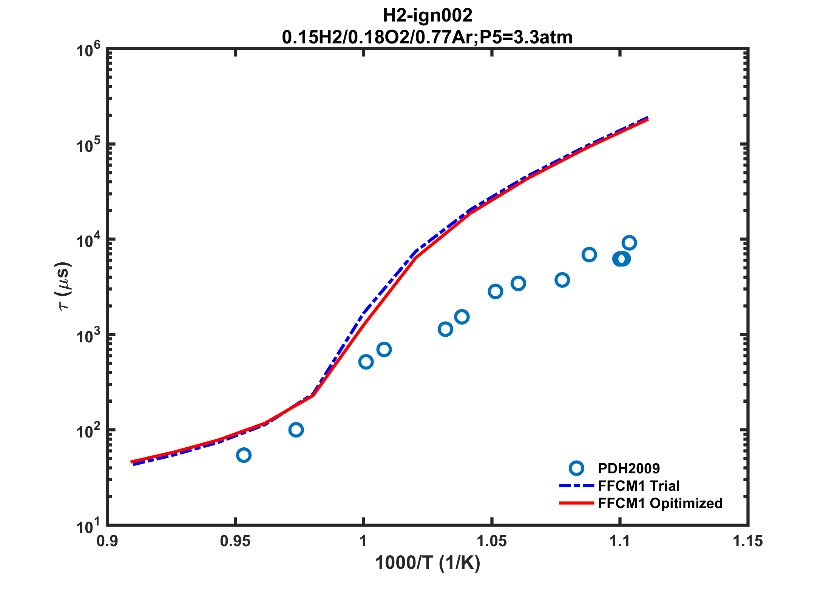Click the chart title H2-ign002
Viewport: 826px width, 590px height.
427,16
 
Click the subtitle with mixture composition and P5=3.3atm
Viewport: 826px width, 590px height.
427,37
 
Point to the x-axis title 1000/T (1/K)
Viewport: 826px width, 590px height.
427,563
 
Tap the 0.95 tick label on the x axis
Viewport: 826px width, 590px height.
235,541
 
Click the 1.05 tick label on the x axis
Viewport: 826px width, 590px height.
491,541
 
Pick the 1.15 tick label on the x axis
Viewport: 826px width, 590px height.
747,541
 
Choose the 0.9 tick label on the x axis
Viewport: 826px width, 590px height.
107,541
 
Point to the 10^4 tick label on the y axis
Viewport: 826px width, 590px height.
88,240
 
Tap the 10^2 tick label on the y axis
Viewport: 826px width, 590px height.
88,431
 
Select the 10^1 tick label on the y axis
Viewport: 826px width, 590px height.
88,526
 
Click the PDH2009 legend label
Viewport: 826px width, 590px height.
628,468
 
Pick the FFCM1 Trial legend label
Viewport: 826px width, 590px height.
639,486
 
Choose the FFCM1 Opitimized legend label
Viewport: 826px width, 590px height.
660,503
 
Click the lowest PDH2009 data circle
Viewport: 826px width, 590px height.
244,455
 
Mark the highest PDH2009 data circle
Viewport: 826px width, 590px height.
629,243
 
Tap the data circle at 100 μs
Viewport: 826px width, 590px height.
296,430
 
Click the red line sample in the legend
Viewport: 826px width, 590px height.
576,503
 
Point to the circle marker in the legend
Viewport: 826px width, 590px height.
576,468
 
